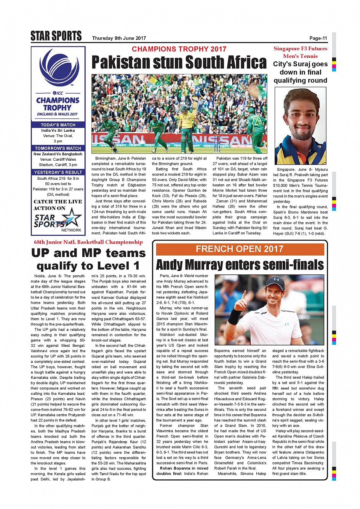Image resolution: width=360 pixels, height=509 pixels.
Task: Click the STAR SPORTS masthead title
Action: coord(56,36)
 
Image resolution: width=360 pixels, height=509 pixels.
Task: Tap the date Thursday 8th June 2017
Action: coord(119,38)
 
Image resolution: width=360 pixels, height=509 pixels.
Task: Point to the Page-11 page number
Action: coord(318,38)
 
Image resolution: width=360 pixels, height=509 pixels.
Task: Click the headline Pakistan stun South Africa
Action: coord(179,62)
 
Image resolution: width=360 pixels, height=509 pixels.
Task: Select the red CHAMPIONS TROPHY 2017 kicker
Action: coord(179,49)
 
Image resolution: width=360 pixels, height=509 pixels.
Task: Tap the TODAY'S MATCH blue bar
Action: coord(58,125)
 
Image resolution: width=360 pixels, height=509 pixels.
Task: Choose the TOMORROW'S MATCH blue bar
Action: coord(58,148)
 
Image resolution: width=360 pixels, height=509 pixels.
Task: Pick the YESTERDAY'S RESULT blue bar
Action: coord(58,172)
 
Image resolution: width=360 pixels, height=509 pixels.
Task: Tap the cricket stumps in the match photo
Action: coord(217,144)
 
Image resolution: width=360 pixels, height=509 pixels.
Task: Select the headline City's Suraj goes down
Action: coord(300,72)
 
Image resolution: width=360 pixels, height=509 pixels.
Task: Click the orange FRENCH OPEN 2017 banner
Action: coord(240,249)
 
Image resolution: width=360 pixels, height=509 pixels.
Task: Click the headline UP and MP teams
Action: coord(88,259)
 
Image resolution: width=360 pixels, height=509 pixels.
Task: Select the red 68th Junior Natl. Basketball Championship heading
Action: coord(88,242)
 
